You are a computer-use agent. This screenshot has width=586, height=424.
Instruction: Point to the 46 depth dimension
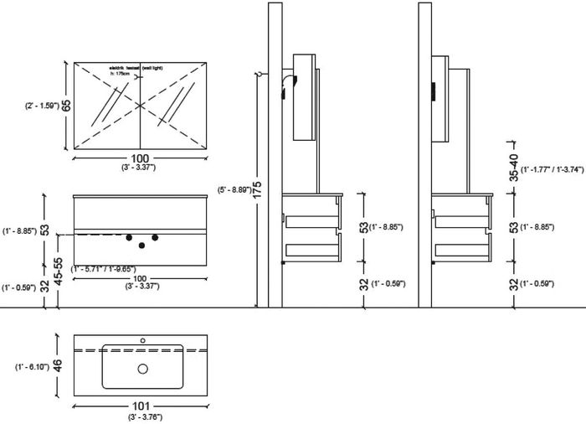tap(56, 366)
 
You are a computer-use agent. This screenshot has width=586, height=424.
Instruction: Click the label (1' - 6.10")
tap(31, 367)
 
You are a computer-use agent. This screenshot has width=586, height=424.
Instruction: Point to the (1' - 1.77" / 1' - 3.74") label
tap(551, 172)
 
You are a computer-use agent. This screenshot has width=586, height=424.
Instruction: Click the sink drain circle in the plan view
tap(142, 368)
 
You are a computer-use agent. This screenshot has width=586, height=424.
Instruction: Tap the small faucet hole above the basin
tap(142, 340)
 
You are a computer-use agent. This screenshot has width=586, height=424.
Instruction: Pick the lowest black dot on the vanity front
tap(142, 246)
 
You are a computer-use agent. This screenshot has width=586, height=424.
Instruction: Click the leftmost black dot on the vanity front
tap(130, 239)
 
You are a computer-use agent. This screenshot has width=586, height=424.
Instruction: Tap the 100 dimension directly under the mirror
tap(139, 158)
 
